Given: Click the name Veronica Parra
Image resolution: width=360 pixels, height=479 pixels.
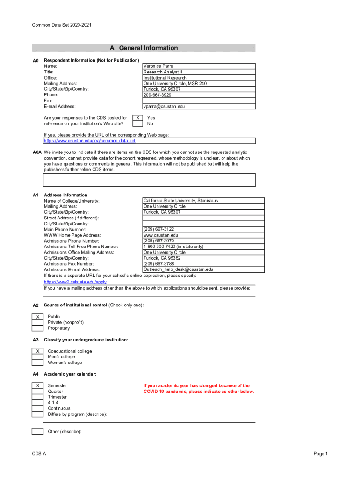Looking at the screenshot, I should point(158,66).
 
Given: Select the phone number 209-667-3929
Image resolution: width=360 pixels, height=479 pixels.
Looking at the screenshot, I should point(160,95).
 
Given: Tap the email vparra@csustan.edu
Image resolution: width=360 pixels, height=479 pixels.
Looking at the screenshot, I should point(164,106).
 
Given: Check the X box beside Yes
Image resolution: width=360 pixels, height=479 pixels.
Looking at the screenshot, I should point(137,118).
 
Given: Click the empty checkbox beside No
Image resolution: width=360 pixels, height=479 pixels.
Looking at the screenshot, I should point(137,124).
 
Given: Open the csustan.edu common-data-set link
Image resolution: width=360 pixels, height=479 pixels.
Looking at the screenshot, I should point(90,140).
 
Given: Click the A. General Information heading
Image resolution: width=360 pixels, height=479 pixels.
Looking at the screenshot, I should point(144,48).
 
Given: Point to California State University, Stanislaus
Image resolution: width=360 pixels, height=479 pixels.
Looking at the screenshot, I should point(180,201).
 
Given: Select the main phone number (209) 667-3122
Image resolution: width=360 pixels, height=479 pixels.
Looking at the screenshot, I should point(158,229).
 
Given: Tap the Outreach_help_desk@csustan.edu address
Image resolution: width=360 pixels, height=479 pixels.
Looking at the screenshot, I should point(178,269).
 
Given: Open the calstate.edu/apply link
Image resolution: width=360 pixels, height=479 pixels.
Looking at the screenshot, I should point(75,282).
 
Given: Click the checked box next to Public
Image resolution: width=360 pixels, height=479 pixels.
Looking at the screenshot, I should point(37,317).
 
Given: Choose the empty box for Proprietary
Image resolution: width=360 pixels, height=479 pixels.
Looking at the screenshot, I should point(37,328).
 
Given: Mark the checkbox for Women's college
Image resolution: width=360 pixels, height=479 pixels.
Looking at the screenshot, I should point(37,363).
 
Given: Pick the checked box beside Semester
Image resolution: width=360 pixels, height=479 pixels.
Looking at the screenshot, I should point(37,385).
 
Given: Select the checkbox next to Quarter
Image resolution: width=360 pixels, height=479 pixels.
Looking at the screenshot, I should point(37,392).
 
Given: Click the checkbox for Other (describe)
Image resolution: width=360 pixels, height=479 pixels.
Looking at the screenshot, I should point(37,431).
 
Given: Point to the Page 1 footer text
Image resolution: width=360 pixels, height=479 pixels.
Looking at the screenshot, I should point(320,454).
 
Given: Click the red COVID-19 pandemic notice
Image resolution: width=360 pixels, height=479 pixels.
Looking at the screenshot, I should point(198,389).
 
